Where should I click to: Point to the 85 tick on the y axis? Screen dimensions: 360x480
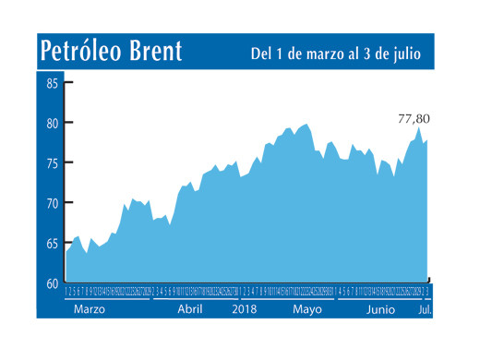click(x=52, y=83)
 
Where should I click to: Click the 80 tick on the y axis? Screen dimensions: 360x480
click(x=52, y=123)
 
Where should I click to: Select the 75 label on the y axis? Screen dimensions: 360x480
click(x=52, y=163)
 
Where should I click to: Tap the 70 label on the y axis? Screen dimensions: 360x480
click(x=52, y=203)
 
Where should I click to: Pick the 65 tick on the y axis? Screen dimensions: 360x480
click(x=52, y=244)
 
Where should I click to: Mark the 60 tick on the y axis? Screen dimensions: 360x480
click(x=52, y=283)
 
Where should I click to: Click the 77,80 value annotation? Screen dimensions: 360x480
click(x=413, y=118)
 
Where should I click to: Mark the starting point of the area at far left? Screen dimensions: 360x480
click(x=66, y=251)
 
